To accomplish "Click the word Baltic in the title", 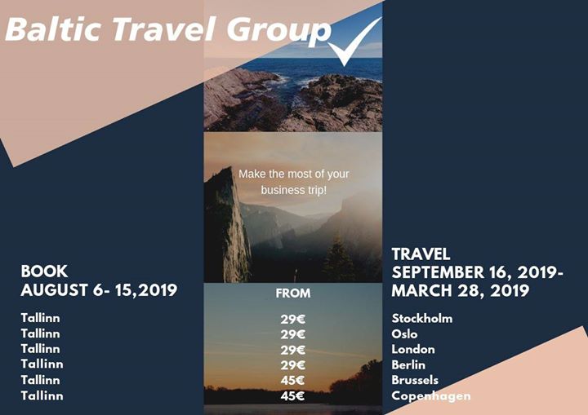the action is (x=53, y=29).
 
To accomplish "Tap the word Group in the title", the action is (x=279, y=31).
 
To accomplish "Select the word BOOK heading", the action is (x=44, y=272).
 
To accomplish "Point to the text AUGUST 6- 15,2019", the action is (x=99, y=290).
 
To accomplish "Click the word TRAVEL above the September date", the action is (x=421, y=254).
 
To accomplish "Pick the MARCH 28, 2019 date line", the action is (x=460, y=290).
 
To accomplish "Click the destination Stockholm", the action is (x=422, y=318).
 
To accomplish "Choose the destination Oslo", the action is (x=404, y=333).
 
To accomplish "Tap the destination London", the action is (x=413, y=349).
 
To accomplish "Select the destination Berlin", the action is (x=408, y=364).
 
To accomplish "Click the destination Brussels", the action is (x=415, y=380).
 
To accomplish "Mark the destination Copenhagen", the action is (x=431, y=396).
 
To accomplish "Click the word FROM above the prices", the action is (x=293, y=293).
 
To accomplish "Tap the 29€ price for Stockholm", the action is (x=293, y=319).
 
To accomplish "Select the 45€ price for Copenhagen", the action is (x=292, y=395).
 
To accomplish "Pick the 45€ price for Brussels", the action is (x=292, y=380).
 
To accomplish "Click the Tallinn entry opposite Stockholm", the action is (x=41, y=318).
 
